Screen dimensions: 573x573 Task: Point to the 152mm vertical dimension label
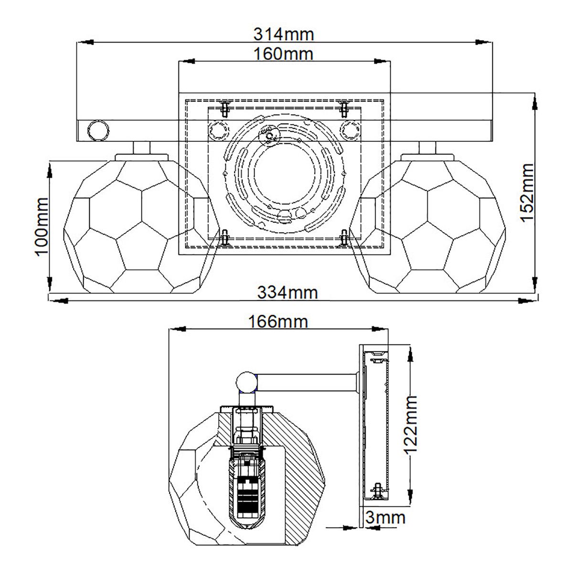click(526, 192)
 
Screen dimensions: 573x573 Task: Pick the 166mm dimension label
click(278, 321)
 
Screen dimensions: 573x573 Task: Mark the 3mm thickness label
click(384, 517)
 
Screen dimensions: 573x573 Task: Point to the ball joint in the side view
click(247, 382)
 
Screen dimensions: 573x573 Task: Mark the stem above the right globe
click(428, 148)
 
